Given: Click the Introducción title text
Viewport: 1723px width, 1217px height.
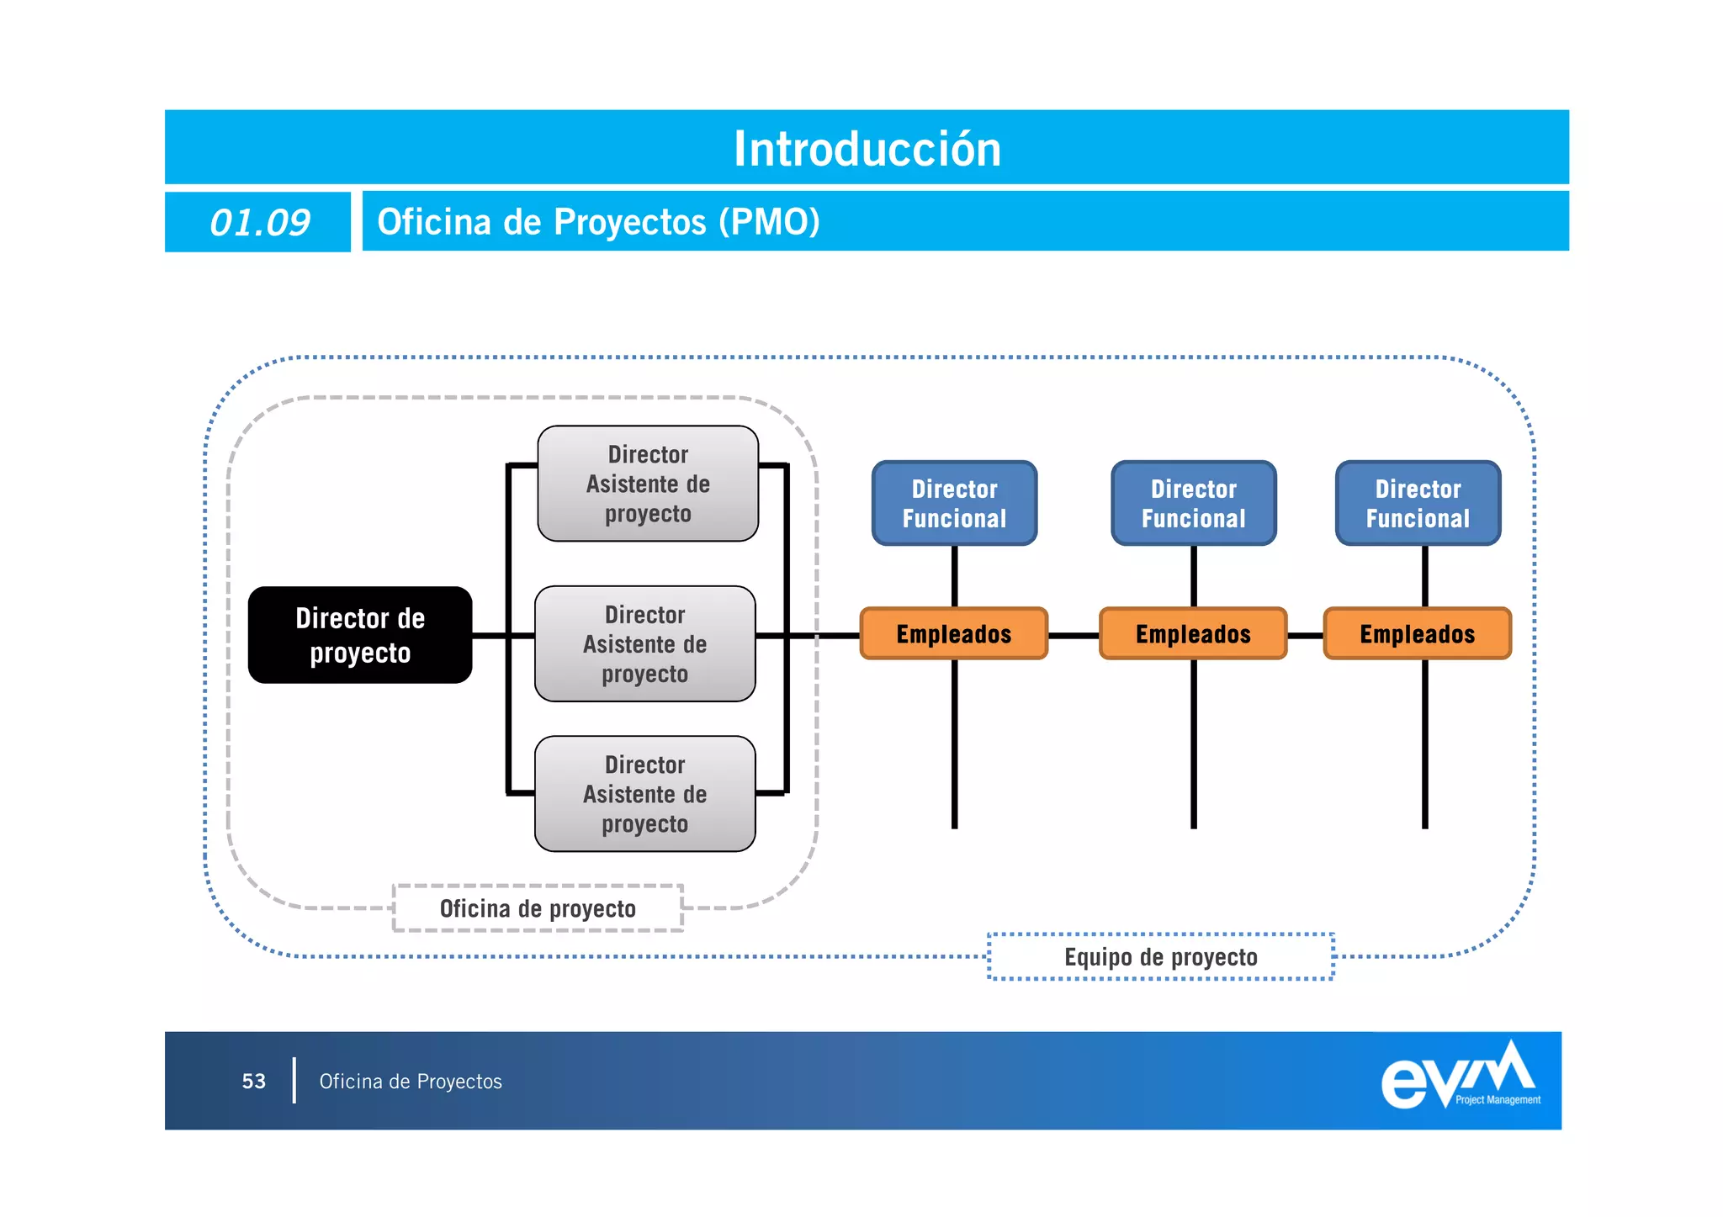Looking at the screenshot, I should tap(867, 149).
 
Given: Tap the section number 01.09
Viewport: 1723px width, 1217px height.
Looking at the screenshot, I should tap(259, 223).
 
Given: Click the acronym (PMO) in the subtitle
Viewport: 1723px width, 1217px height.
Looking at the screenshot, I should tap(769, 222).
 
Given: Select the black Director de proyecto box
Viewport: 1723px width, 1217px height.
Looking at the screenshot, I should tap(360, 635).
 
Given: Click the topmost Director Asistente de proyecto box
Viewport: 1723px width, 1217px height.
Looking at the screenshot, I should tap(648, 484).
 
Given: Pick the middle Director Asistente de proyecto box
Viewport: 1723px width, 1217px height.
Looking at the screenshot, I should tap(645, 644).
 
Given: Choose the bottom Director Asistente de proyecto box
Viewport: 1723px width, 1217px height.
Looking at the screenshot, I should tap(645, 794).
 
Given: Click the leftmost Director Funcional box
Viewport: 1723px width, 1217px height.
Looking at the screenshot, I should tap(954, 503).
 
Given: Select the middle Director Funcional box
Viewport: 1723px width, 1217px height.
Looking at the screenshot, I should tap(1193, 503).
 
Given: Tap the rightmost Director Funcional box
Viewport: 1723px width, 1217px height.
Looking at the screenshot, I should tap(1418, 503).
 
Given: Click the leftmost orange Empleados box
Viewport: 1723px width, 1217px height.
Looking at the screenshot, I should tap(953, 633).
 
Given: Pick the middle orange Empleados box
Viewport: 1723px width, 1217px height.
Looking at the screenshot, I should tap(1193, 633).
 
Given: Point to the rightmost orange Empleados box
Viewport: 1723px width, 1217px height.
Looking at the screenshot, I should tap(1417, 633).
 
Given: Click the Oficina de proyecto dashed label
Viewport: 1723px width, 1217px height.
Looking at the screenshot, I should tap(538, 908).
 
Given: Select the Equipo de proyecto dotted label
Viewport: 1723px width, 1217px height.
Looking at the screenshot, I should tap(1160, 957).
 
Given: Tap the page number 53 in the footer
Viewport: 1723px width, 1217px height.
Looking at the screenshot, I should tap(254, 1081).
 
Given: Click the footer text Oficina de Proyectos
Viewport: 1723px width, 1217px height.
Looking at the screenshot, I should tap(411, 1081).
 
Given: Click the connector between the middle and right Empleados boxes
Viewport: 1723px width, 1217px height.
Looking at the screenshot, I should tap(1305, 636).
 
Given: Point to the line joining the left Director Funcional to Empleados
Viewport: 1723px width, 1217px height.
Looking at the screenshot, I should tap(954, 576).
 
